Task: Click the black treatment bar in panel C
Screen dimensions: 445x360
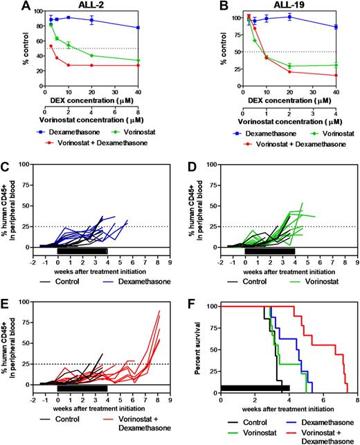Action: tap(82, 251)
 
